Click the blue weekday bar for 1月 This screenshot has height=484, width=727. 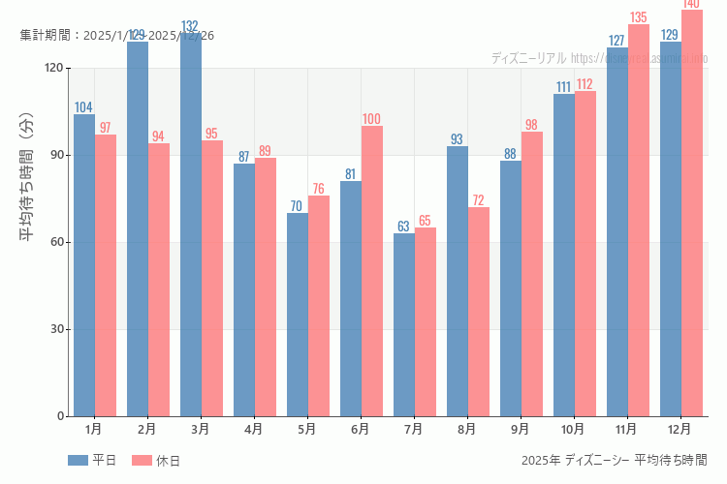pos(84,265)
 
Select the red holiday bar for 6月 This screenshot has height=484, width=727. pos(372,271)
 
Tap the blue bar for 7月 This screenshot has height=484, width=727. pos(403,324)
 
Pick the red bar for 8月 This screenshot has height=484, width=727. pos(479,312)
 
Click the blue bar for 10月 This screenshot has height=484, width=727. pos(563,255)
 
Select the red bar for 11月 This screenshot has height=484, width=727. pos(639,221)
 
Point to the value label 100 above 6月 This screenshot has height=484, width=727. pos(371,119)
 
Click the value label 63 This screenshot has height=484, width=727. pos(403,227)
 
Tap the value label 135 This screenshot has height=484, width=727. pos(638,17)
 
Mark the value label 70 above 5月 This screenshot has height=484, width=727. pos(297,206)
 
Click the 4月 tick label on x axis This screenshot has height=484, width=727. pos(254,428)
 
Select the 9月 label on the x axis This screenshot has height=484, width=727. pos(521,428)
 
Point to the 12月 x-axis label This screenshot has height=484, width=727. pos(680,428)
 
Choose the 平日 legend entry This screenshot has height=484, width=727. pos(92,461)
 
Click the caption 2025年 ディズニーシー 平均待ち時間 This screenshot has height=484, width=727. pos(614,460)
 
